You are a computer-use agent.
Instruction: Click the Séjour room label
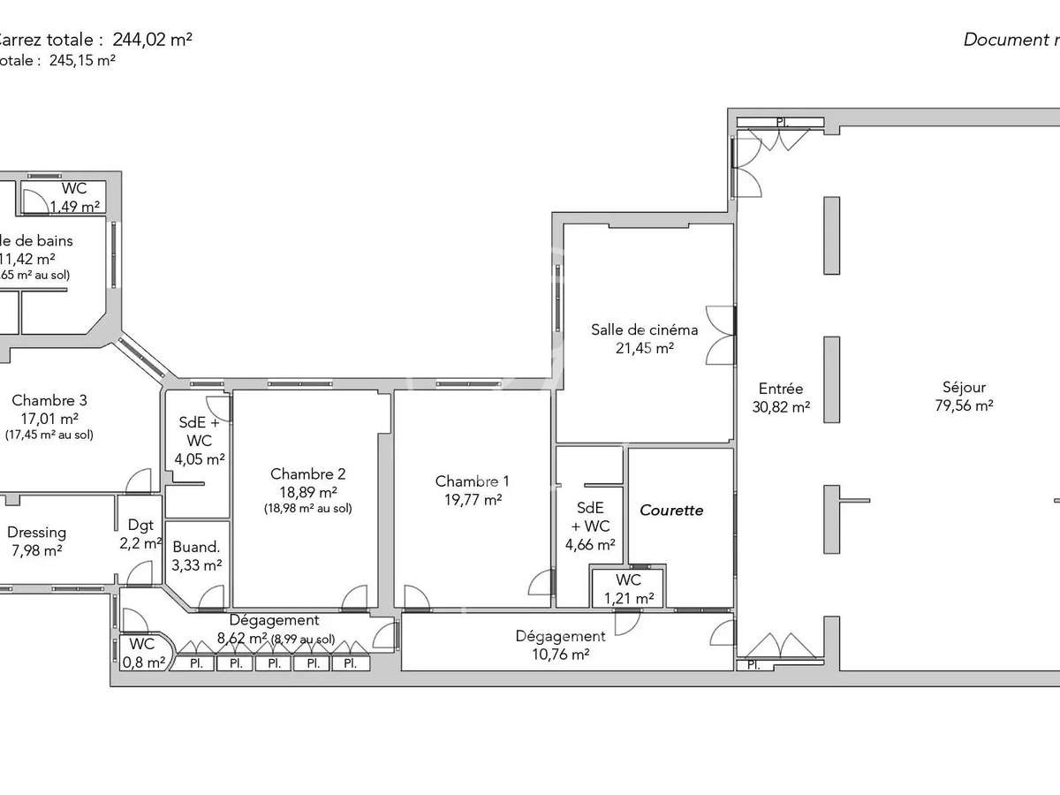coord(964,387)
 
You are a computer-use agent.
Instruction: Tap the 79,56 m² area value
coord(964,406)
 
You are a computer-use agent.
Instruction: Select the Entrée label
coord(781,388)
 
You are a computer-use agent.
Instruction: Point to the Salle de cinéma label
coord(644,329)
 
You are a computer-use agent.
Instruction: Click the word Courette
coord(671,510)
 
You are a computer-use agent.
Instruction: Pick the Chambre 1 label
coord(472,481)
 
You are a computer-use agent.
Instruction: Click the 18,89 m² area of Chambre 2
coord(307,492)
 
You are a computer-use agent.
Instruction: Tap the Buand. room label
coord(197,546)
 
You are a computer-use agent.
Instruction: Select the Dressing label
coord(36,533)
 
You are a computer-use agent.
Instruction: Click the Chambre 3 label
coord(49,399)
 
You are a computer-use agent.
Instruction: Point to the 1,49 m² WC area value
coord(74,208)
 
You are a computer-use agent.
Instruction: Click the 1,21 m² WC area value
coord(628,598)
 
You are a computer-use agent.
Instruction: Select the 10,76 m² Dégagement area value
coord(560,655)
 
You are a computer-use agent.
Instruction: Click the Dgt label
coord(140,525)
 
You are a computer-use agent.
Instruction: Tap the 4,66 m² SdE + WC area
coord(590,545)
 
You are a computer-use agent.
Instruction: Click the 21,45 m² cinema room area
coord(644,348)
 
